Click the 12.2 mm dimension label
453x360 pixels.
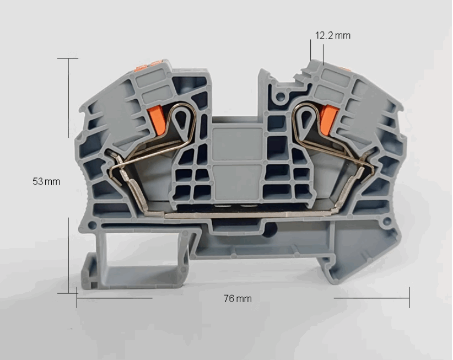click(x=332, y=35)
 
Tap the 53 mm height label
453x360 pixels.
click(x=46, y=181)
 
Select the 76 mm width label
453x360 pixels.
click(x=238, y=298)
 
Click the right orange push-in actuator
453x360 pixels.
click(x=328, y=120)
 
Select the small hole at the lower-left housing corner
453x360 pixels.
click(x=92, y=225)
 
